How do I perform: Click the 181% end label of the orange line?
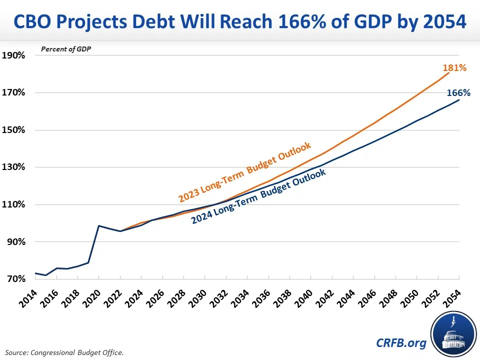[x=454, y=68]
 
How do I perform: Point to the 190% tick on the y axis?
[x=13, y=55]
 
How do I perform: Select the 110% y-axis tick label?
[x=13, y=204]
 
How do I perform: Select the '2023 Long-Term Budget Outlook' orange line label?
[x=245, y=172]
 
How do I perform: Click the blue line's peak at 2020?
[x=99, y=226]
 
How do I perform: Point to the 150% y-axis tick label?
[x=13, y=130]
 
